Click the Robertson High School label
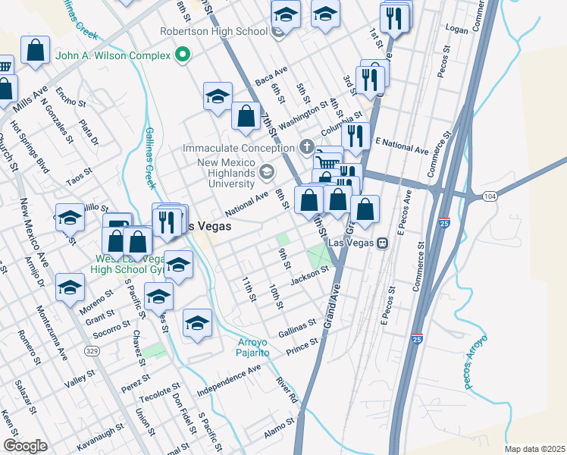click(x=213, y=31)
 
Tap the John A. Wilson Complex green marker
click(x=181, y=55)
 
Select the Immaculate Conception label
click(x=241, y=149)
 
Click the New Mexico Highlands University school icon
click(x=266, y=171)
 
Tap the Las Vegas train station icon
click(x=384, y=243)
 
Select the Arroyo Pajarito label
click(x=249, y=347)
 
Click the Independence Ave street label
click(x=228, y=380)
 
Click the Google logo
click(x=25, y=446)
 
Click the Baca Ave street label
click(x=271, y=75)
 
